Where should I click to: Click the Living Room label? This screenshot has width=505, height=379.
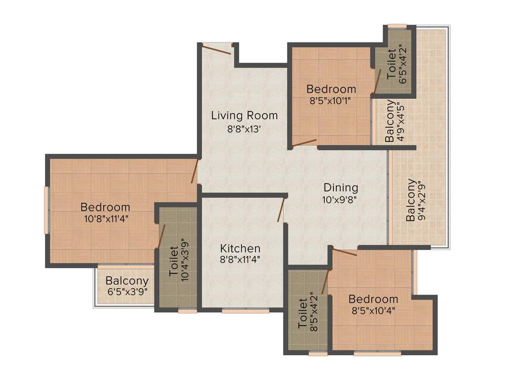(244, 115)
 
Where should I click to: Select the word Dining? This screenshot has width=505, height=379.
(341, 188)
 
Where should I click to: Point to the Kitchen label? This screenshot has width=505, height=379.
(240, 248)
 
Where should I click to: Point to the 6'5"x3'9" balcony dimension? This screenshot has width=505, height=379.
(127, 292)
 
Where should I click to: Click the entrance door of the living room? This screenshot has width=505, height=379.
(216, 49)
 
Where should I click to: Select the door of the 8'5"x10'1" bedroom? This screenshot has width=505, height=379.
(304, 144)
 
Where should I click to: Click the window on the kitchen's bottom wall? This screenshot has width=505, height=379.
(245, 311)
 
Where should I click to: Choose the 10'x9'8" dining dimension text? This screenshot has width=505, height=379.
(340, 200)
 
